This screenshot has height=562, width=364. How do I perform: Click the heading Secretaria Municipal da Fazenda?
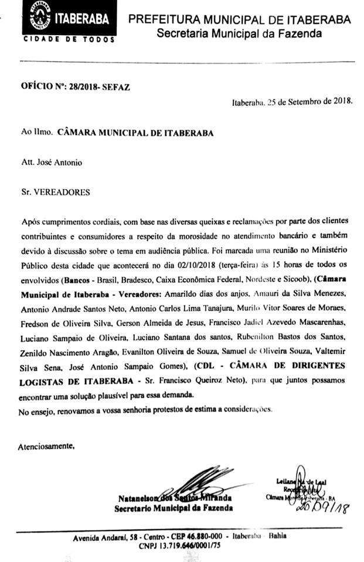(239, 34)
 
